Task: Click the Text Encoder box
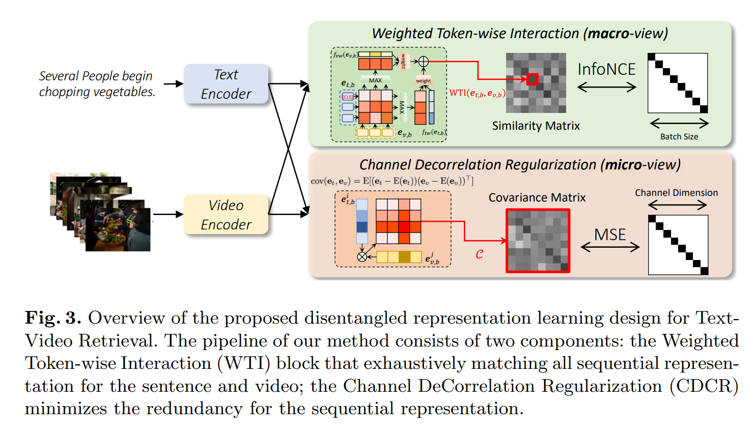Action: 226,84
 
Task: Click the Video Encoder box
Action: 226,215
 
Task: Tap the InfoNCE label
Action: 606,69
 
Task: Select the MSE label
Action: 610,235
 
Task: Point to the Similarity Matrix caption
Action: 536,126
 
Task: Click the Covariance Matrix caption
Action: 537,197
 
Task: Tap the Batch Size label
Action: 679,136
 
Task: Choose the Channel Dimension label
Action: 676,193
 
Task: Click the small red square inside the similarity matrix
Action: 533,79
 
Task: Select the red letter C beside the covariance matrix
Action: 479,254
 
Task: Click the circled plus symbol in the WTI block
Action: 423,62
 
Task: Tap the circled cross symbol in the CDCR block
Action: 362,257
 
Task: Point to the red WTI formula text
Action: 477,93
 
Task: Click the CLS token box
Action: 348,97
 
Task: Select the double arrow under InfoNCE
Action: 607,88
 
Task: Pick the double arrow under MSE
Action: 610,247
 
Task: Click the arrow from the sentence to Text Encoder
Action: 173,84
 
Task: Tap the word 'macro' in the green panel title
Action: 608,34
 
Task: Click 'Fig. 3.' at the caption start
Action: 53,318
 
